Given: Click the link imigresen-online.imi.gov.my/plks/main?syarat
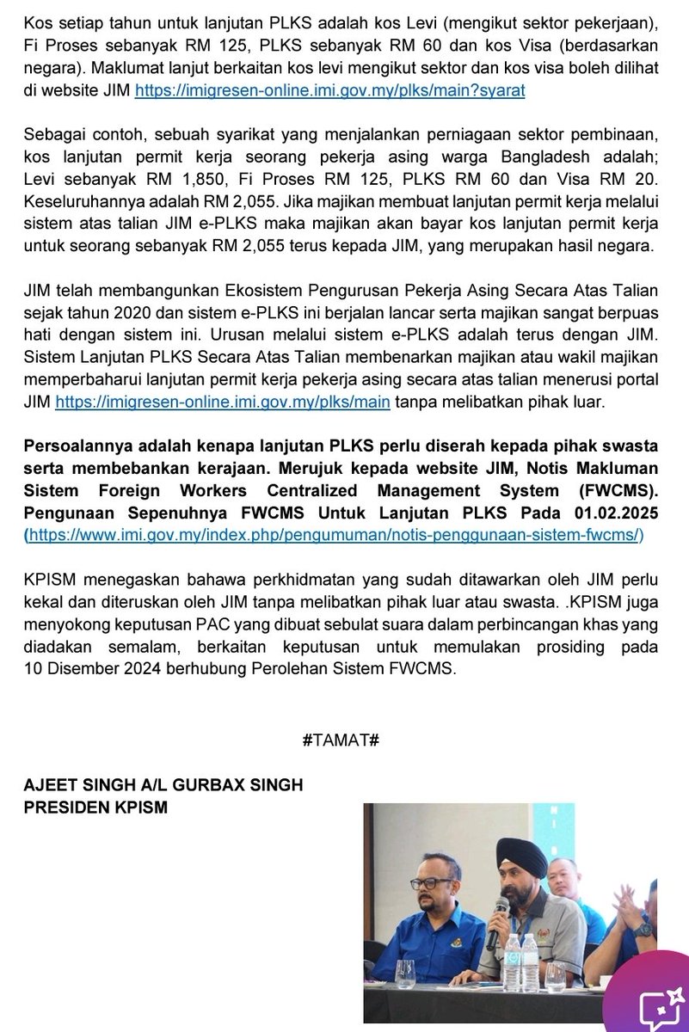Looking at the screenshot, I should click(330, 89).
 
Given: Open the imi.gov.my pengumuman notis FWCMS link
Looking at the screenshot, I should click(335, 534).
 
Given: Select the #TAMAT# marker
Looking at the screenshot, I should click(341, 740).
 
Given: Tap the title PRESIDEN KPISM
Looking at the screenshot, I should click(95, 809).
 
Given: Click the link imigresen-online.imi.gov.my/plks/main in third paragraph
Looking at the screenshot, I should click(223, 402).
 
